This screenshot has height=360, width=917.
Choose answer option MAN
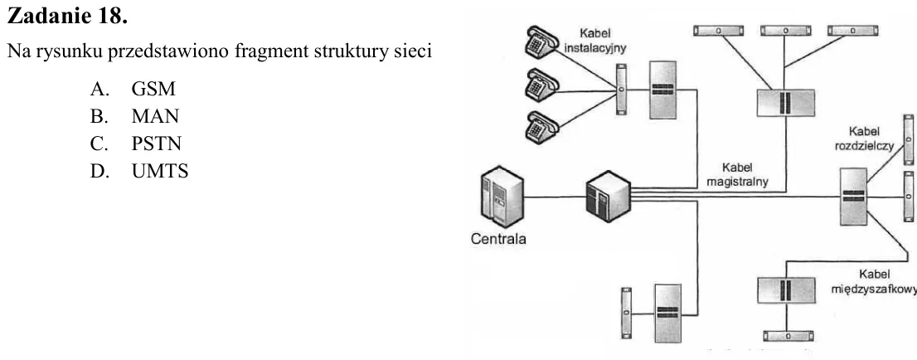[x=155, y=116]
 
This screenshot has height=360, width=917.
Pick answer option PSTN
[x=156, y=144]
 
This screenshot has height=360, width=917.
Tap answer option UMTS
[x=160, y=172]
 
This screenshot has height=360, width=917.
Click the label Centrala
[x=498, y=239]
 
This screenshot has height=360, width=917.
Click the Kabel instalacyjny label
[x=595, y=41]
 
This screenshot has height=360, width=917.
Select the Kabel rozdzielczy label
[x=864, y=139]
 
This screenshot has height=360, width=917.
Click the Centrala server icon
[x=501, y=197]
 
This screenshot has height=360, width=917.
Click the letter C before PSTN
[x=98, y=144]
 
